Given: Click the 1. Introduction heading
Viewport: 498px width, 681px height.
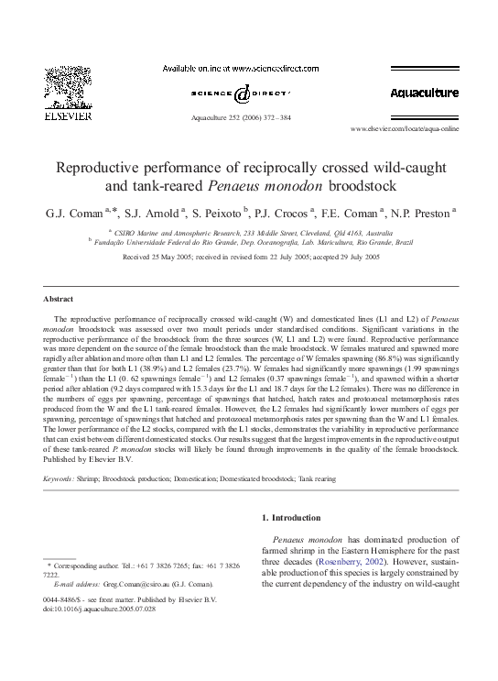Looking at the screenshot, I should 298,518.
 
